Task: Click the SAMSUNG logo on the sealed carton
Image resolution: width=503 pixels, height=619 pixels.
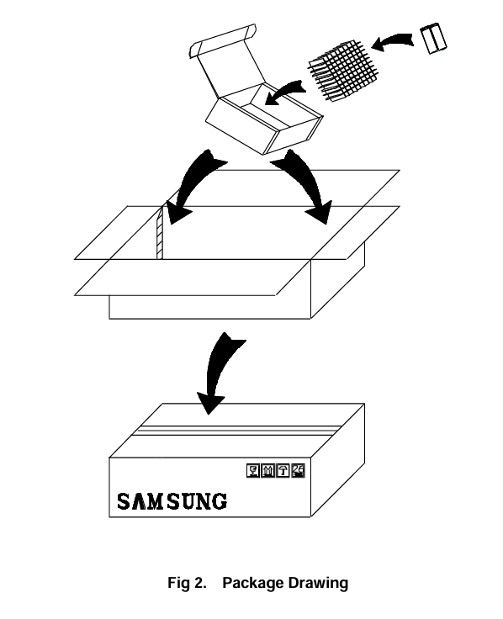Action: pos(172,501)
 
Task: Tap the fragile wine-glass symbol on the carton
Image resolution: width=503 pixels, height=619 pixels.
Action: pos(253,471)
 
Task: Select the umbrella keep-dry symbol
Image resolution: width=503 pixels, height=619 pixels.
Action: pos(283,471)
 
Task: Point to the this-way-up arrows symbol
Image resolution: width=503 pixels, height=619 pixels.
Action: pos(268,471)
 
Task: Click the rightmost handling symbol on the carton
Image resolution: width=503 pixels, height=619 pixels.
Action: pos(298,471)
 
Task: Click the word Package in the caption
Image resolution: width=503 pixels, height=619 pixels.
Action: pos(253,583)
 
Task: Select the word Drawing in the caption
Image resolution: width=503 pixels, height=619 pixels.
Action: pos(318,583)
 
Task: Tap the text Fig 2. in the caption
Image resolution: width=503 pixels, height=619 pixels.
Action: pos(187,583)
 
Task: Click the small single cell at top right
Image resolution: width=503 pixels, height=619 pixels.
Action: pos(433,39)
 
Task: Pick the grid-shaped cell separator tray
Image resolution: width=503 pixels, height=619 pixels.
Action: pos(342,71)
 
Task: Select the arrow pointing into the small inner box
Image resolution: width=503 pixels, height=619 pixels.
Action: pos(284,92)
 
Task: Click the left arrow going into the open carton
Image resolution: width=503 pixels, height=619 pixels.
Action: pos(190,186)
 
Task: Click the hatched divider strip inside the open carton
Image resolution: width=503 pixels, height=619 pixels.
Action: pos(160,233)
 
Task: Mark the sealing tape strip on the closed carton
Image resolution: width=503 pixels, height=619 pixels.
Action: pos(237,431)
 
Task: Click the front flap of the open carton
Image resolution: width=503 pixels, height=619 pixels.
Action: pos(193,278)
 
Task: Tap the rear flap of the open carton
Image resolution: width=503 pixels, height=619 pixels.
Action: pos(283,188)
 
